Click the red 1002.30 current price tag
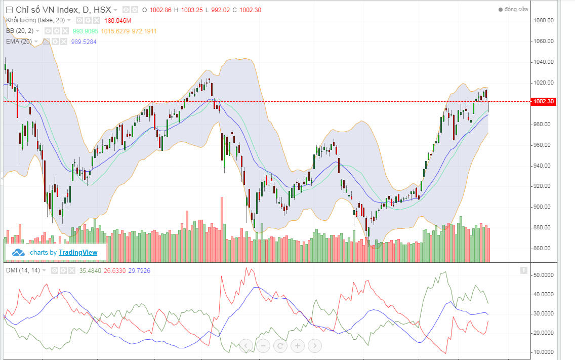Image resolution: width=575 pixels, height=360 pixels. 544,102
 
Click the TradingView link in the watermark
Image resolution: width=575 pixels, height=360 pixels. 78,252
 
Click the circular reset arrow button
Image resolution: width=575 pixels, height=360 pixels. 280,346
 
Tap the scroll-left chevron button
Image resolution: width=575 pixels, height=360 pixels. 245,346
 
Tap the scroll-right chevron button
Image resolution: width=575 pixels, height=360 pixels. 314,346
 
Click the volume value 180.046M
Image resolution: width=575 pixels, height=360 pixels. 117,20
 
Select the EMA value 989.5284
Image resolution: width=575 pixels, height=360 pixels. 84,42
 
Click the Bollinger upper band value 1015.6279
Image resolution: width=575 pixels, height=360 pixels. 115,31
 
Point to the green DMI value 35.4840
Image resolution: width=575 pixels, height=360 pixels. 90,270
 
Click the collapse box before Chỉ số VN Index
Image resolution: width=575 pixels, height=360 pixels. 9,10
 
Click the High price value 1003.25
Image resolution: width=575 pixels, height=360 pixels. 192,10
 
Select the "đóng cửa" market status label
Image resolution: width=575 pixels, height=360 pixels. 516,10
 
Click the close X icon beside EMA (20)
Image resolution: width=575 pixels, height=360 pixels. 64,42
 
